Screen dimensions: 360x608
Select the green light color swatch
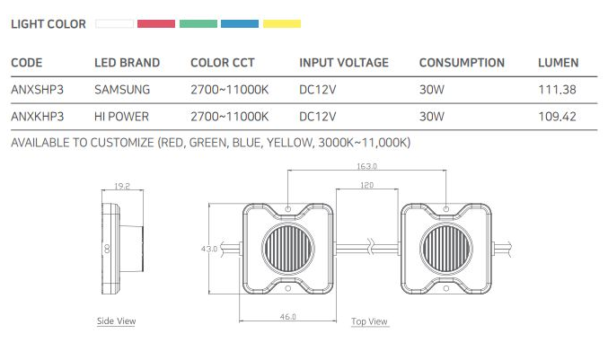[x=198, y=23]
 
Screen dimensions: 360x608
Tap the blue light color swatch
[x=240, y=23]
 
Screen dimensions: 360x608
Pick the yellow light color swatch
[x=281, y=23]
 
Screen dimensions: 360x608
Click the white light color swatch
[x=115, y=23]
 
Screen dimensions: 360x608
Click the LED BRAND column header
[x=128, y=63]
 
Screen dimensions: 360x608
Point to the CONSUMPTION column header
[x=462, y=63]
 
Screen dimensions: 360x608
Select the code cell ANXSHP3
[x=35, y=90]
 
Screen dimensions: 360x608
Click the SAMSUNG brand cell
[x=122, y=90]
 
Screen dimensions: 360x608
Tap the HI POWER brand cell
[x=121, y=117]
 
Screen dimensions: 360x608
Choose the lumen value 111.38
[x=556, y=90]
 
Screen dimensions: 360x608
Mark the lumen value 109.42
[x=557, y=117]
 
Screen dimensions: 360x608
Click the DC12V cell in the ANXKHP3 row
[x=318, y=117]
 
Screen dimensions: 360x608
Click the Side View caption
[x=116, y=320]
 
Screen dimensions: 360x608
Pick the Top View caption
[x=369, y=321]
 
